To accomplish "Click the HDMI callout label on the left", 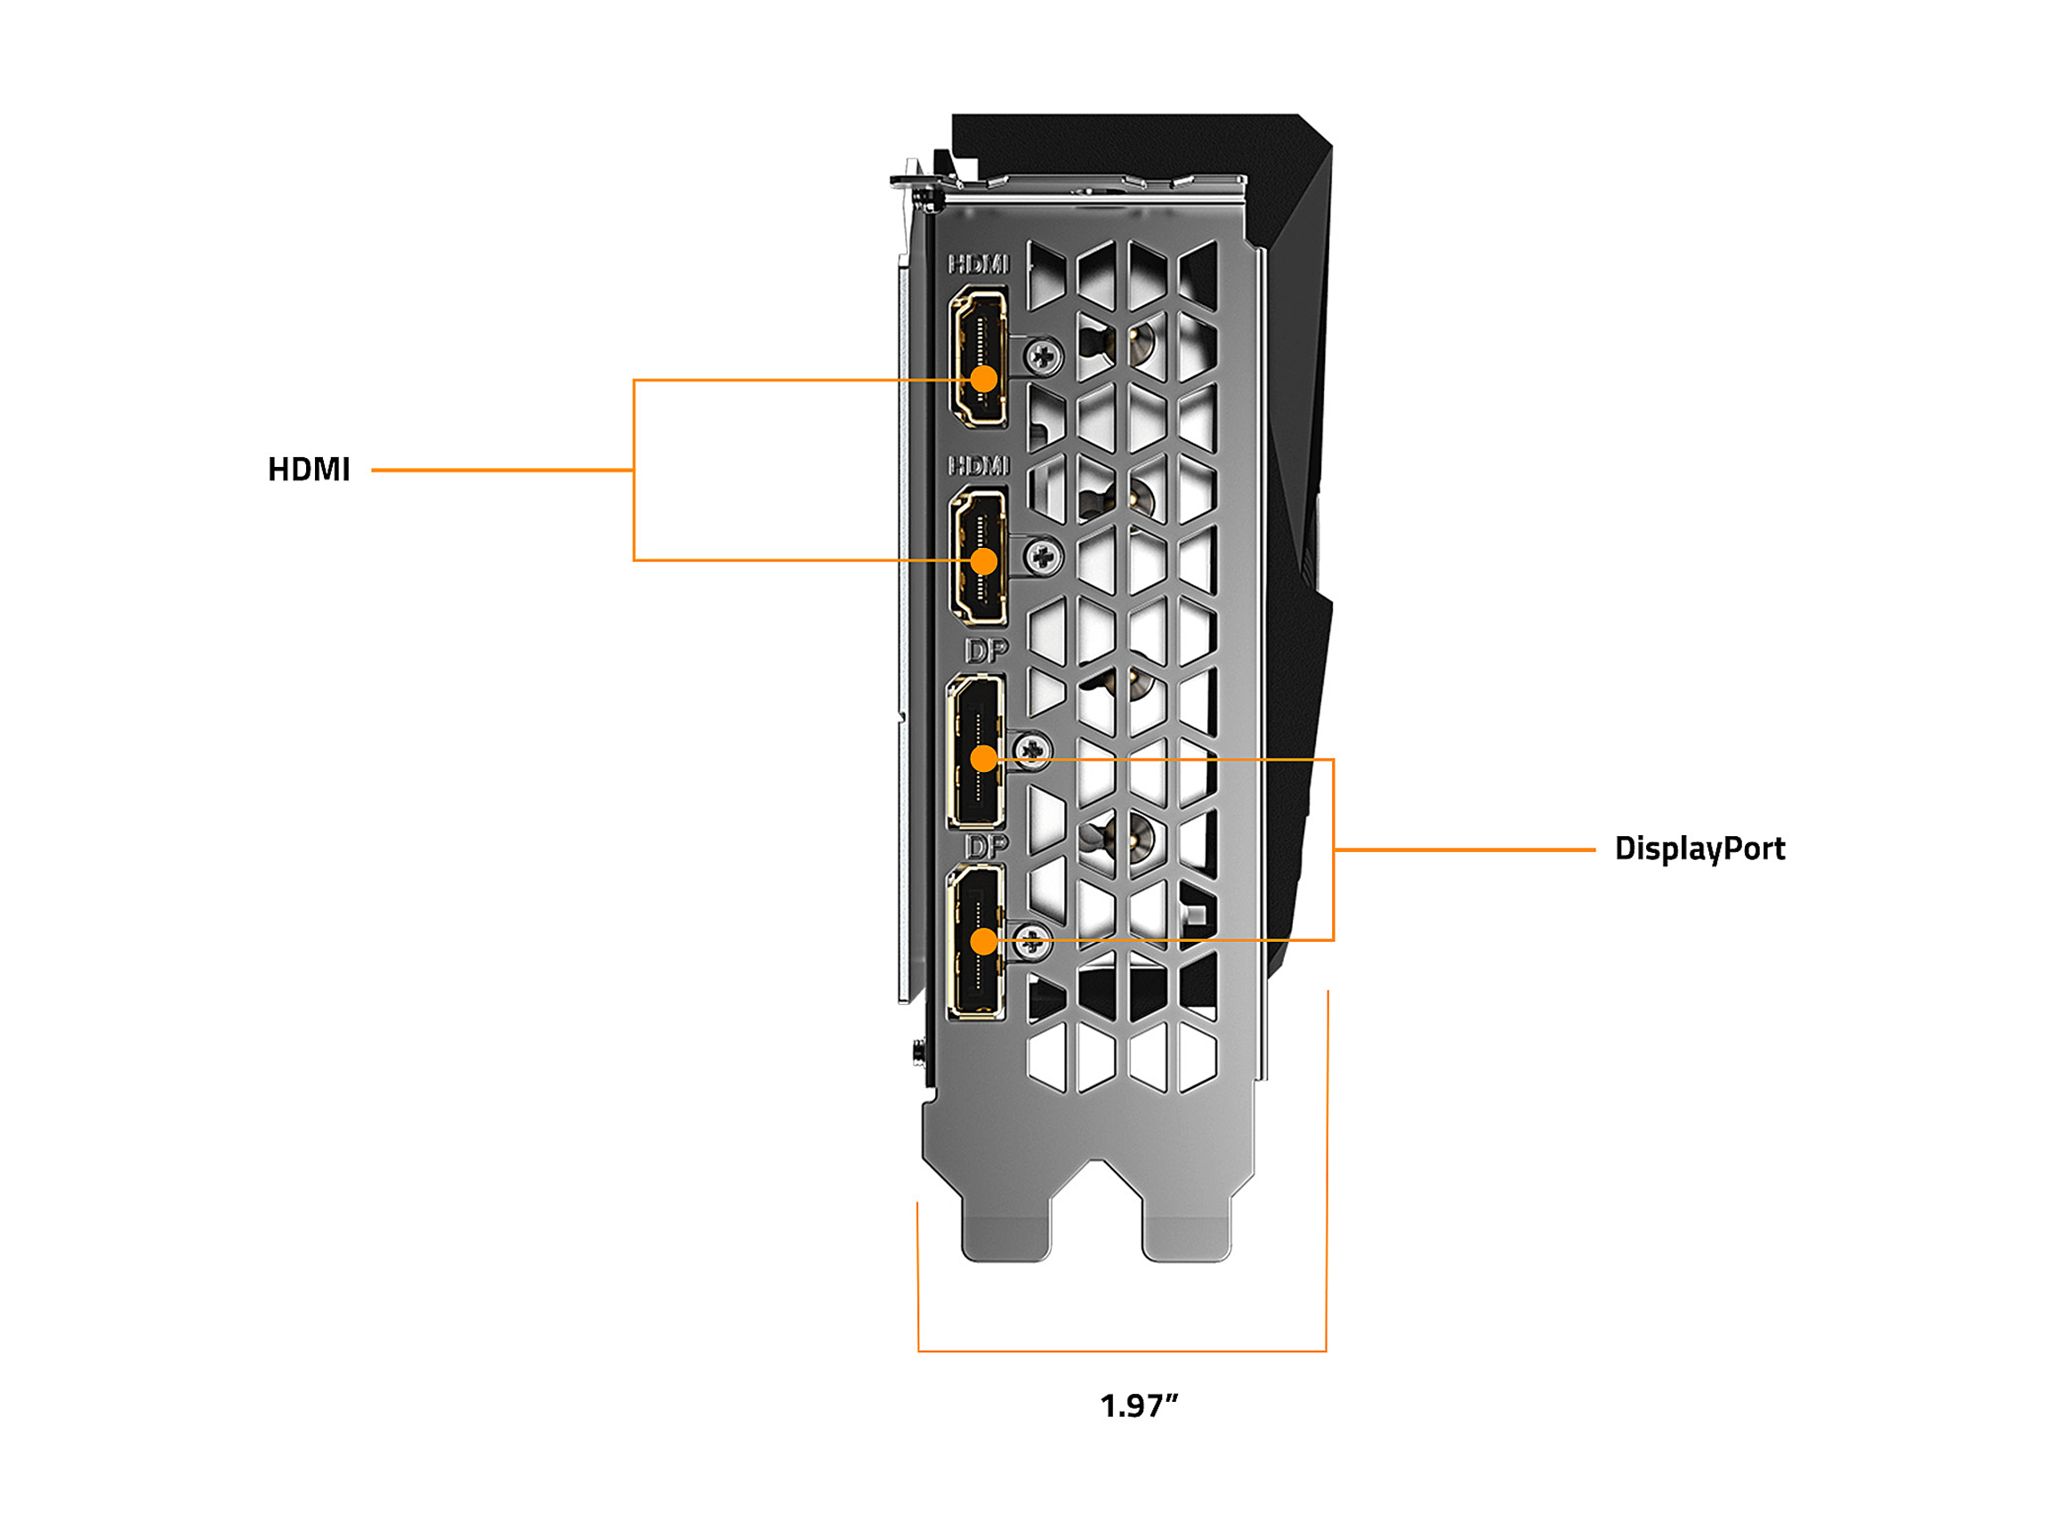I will tap(309, 470).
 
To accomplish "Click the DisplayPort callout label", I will tap(1699, 849).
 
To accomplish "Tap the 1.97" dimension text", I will tap(1138, 1406).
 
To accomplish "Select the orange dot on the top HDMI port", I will tap(983, 379).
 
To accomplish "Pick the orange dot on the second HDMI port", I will tap(983, 561).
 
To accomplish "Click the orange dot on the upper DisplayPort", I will tap(983, 760).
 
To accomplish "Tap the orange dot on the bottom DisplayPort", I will tap(983, 942).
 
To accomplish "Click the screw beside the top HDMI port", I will tap(1045, 355).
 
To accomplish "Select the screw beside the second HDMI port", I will tap(1044, 557).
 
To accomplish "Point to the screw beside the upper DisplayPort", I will tap(1032, 748).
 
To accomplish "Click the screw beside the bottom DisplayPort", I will tap(1032, 942).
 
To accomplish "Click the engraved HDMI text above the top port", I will tap(979, 265).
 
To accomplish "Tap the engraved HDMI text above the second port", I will tap(979, 465).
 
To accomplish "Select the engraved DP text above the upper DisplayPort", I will tap(986, 651).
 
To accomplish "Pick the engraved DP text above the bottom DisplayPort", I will tap(986, 845).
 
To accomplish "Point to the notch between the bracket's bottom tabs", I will tap(1097, 1204).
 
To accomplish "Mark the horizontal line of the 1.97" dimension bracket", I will tap(1121, 1352).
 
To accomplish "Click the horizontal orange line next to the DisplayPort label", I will tap(1465, 849).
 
